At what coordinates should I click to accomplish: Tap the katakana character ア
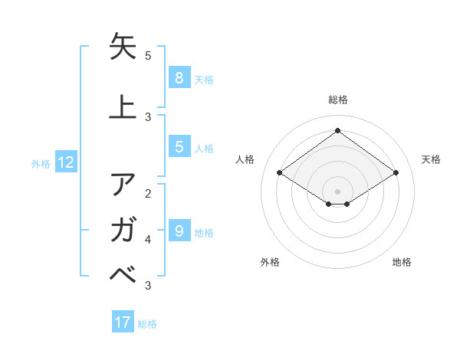(x=123, y=185)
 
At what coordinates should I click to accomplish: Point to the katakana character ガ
(x=123, y=229)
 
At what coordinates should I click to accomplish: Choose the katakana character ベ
(x=123, y=273)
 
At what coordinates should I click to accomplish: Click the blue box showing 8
(x=179, y=78)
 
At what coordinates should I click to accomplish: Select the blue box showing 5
(x=179, y=147)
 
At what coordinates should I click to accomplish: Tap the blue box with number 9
(x=179, y=231)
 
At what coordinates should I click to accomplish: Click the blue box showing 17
(x=123, y=322)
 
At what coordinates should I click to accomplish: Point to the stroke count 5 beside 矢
(x=148, y=56)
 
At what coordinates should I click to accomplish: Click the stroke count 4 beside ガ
(x=148, y=240)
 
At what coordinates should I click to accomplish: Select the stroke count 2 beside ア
(x=148, y=193)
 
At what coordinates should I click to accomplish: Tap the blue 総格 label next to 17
(x=147, y=323)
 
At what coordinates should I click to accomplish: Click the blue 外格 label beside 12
(x=41, y=163)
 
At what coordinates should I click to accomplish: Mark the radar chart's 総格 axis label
(x=337, y=100)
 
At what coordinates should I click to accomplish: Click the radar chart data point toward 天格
(x=396, y=173)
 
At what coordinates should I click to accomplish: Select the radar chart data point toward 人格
(x=280, y=173)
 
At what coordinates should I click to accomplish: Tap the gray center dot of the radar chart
(x=337, y=191)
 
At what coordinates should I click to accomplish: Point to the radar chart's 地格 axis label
(x=402, y=262)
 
